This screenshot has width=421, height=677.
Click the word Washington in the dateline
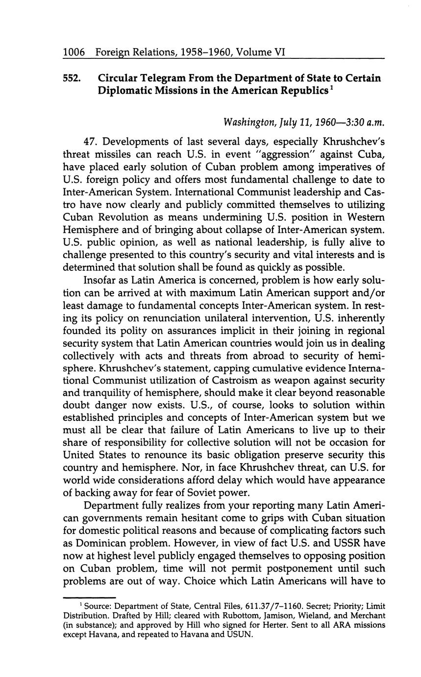coord(248,121)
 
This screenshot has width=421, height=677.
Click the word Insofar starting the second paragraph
coord(102,279)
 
